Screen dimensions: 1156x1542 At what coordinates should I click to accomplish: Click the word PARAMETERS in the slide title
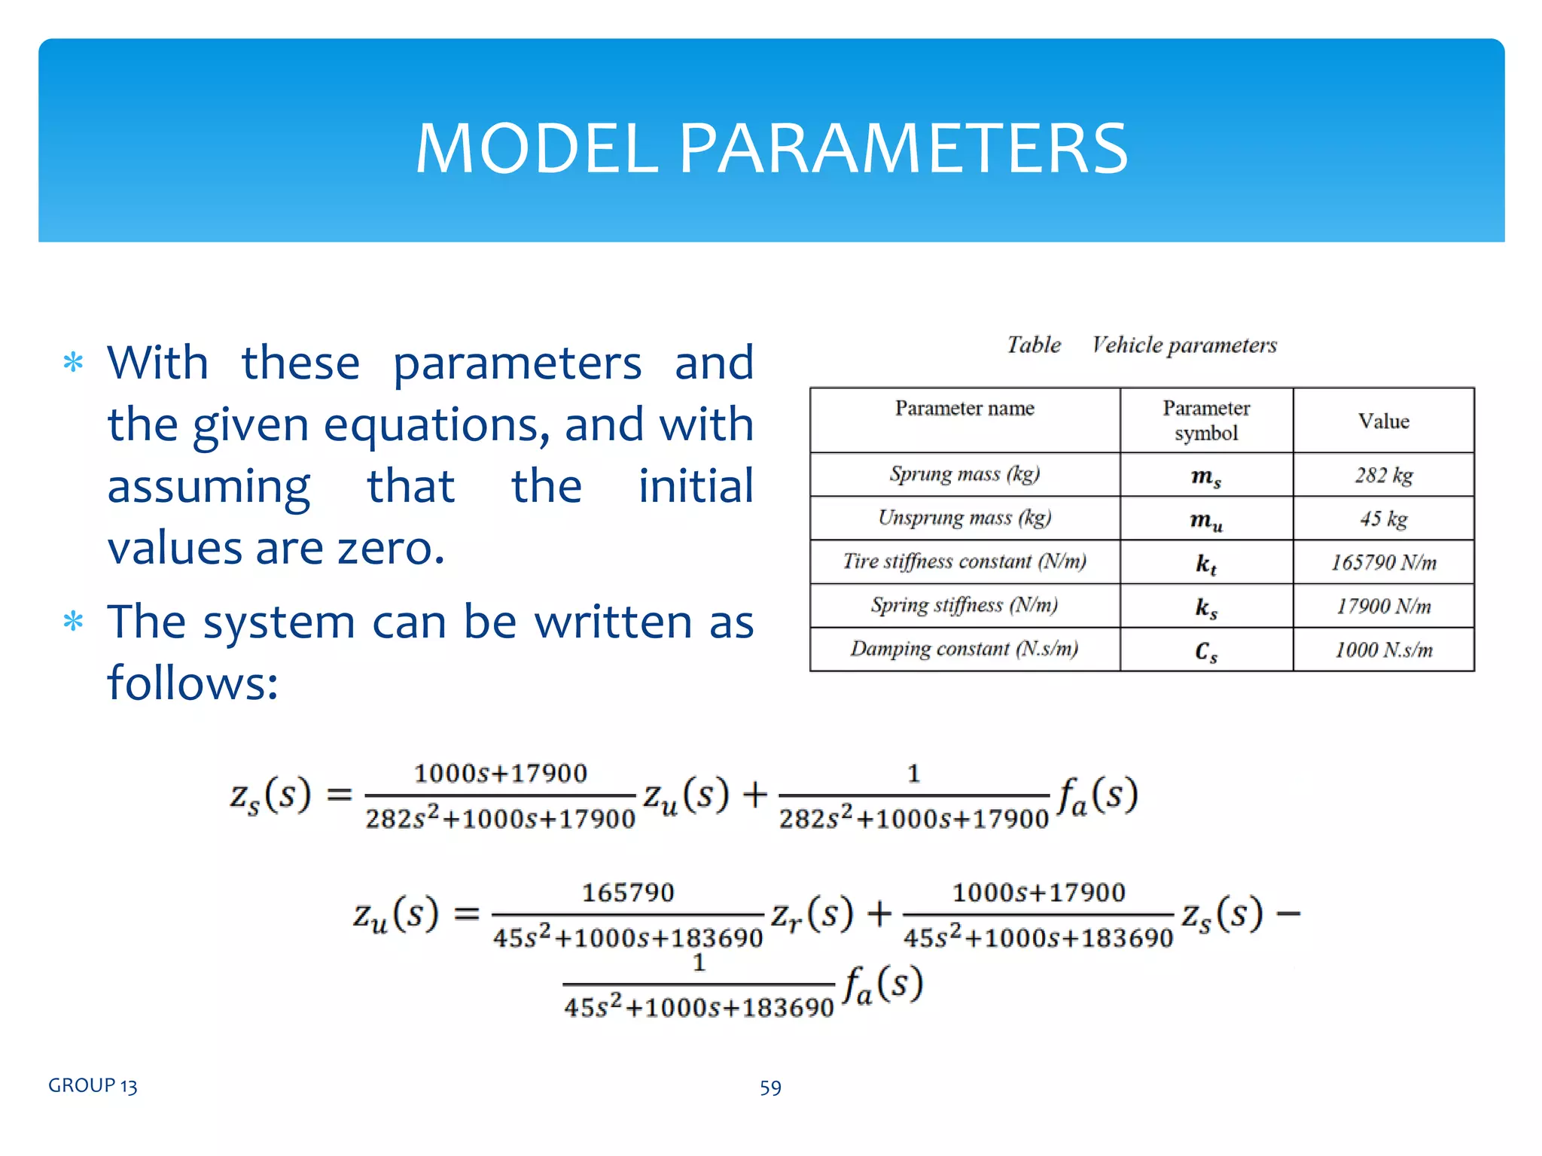(904, 148)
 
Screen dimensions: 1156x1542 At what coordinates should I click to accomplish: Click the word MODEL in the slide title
(537, 148)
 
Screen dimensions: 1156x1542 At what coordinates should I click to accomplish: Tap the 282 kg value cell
(1383, 476)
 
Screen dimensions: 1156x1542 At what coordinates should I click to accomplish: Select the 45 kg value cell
(1383, 519)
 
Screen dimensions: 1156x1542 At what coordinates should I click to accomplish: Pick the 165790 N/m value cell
(1383, 563)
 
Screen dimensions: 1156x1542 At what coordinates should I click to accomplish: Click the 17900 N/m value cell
(1383, 607)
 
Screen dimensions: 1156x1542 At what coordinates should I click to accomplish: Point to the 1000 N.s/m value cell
(1383, 650)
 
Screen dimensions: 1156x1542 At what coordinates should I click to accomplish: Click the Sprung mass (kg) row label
(965, 474)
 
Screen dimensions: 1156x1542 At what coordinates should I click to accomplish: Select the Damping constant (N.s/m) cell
(965, 649)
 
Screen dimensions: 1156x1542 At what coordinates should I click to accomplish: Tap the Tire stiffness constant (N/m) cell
(965, 561)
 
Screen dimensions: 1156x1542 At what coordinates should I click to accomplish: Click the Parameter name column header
(965, 409)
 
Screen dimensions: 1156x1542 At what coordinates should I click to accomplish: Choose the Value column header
(1383, 421)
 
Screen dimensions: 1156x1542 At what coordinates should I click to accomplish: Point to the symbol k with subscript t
(1205, 564)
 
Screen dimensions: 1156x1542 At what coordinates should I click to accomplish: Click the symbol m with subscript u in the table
(1205, 521)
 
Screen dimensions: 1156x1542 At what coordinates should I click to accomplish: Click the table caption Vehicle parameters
(1184, 345)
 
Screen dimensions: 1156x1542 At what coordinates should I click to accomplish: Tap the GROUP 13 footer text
(93, 1086)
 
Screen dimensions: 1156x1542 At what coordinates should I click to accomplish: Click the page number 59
(770, 1088)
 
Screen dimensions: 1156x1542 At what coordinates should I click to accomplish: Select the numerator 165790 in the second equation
(628, 893)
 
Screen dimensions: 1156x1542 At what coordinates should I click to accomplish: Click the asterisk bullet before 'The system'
(73, 622)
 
